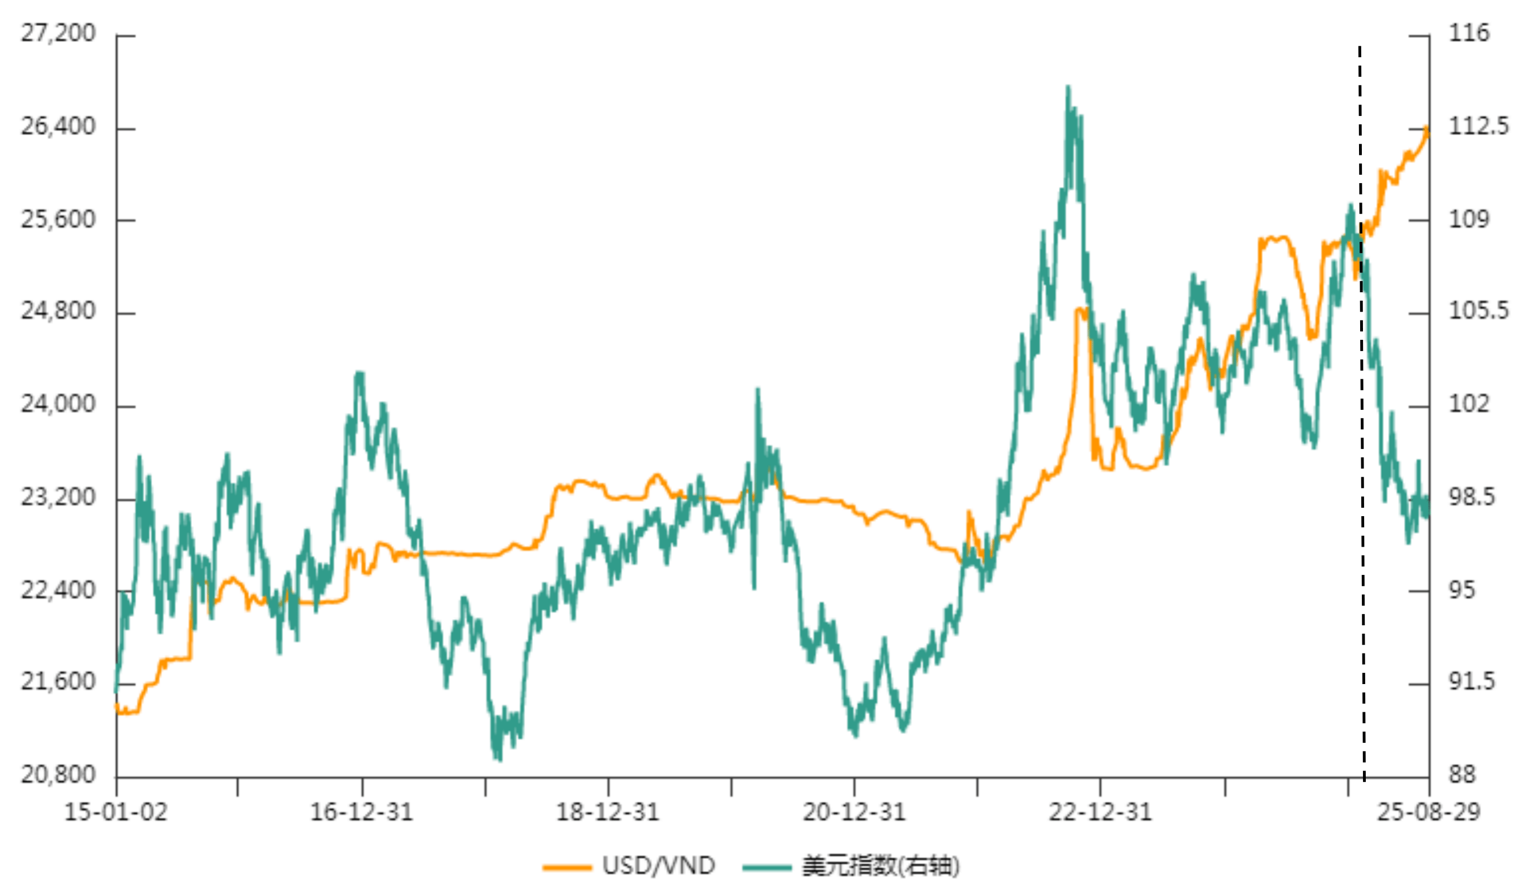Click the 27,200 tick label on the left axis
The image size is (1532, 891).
58,33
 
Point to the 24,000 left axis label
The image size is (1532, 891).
58,404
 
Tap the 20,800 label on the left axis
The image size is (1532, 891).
58,775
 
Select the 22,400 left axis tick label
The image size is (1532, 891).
58,590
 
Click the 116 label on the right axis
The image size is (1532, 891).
1469,33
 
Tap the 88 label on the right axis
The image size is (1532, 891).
1462,775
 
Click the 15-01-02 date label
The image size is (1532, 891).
115,812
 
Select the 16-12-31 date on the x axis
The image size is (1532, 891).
362,812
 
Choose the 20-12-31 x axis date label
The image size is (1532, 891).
854,812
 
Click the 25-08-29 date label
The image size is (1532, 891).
1428,812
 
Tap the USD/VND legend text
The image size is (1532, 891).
659,866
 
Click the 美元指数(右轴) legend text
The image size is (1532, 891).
880,866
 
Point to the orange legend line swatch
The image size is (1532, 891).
566,867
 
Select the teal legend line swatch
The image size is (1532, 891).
767,867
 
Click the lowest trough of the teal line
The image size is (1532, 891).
499,759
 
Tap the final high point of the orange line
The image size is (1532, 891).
1426,128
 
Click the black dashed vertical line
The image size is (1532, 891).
1362,426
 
